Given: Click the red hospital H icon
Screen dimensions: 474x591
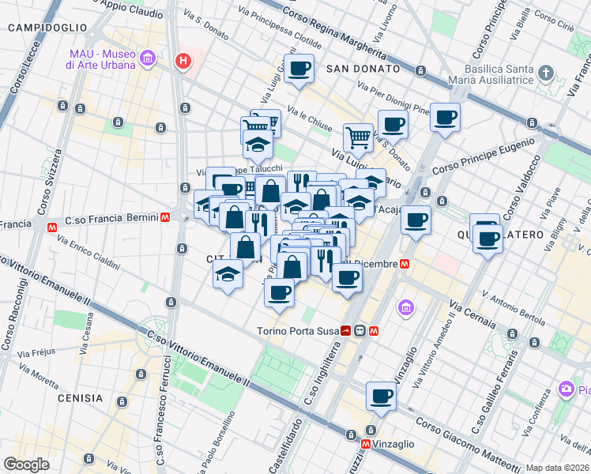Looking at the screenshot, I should click(x=183, y=60).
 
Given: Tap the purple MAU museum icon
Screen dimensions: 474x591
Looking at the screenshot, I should click(x=147, y=58).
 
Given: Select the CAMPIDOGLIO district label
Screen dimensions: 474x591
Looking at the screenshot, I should click(x=47, y=27).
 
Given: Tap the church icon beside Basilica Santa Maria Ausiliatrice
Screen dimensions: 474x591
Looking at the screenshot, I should click(x=545, y=73).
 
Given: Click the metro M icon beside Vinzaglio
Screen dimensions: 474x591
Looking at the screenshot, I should click(x=364, y=445).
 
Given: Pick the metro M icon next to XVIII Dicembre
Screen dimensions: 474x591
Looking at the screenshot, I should click(x=404, y=264).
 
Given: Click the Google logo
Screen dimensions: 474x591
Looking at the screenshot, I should click(x=26, y=465).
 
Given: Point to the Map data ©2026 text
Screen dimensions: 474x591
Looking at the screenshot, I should click(x=557, y=468).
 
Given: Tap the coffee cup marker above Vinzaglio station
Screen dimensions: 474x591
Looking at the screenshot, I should click(x=381, y=396).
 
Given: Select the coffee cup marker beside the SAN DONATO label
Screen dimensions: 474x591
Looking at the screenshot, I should click(x=299, y=69).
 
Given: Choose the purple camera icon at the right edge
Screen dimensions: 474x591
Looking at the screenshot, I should click(x=565, y=388).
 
